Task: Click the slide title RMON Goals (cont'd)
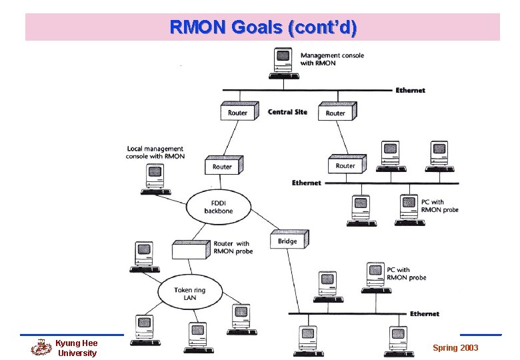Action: [x=263, y=27]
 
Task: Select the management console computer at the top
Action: [x=283, y=63]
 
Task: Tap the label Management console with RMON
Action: [x=332, y=59]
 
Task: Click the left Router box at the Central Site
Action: [x=238, y=112]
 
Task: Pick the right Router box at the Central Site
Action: [x=337, y=112]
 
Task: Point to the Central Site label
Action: [x=287, y=112]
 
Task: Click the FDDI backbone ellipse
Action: [x=219, y=206]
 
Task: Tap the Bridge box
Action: [x=288, y=240]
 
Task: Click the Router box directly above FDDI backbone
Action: [x=223, y=165]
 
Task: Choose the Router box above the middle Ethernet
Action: [x=346, y=165]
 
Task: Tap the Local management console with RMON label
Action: [x=155, y=153]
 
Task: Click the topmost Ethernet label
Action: [x=410, y=90]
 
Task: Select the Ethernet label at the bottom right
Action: [x=425, y=313]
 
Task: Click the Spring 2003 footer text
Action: [x=455, y=348]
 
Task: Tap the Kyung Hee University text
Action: [x=76, y=348]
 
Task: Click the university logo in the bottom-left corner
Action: [x=41, y=347]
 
